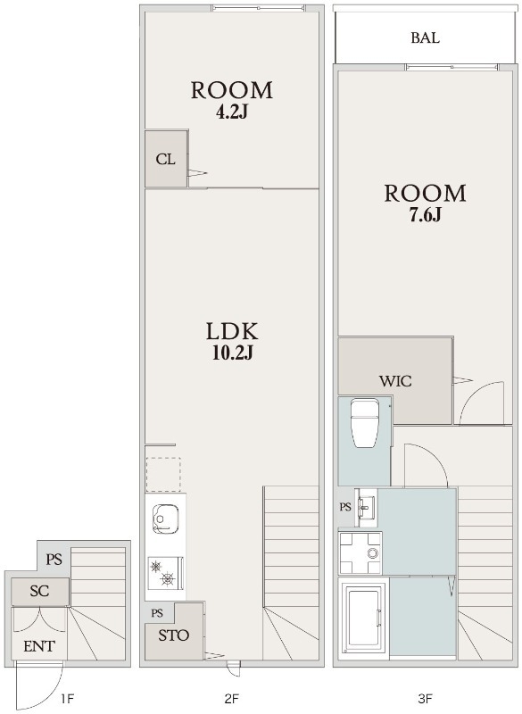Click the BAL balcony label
point(425,37)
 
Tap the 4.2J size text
point(231,112)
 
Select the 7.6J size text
point(425,215)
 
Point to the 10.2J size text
point(232,353)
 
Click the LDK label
point(232,331)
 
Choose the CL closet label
point(165,160)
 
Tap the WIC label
point(395,381)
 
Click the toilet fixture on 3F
point(365,423)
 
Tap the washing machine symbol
point(360,552)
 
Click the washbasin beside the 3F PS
point(366,504)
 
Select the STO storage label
point(173,635)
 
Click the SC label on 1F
point(39,591)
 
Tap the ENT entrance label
point(38,646)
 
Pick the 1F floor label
point(67,699)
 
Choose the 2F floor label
point(231,699)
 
